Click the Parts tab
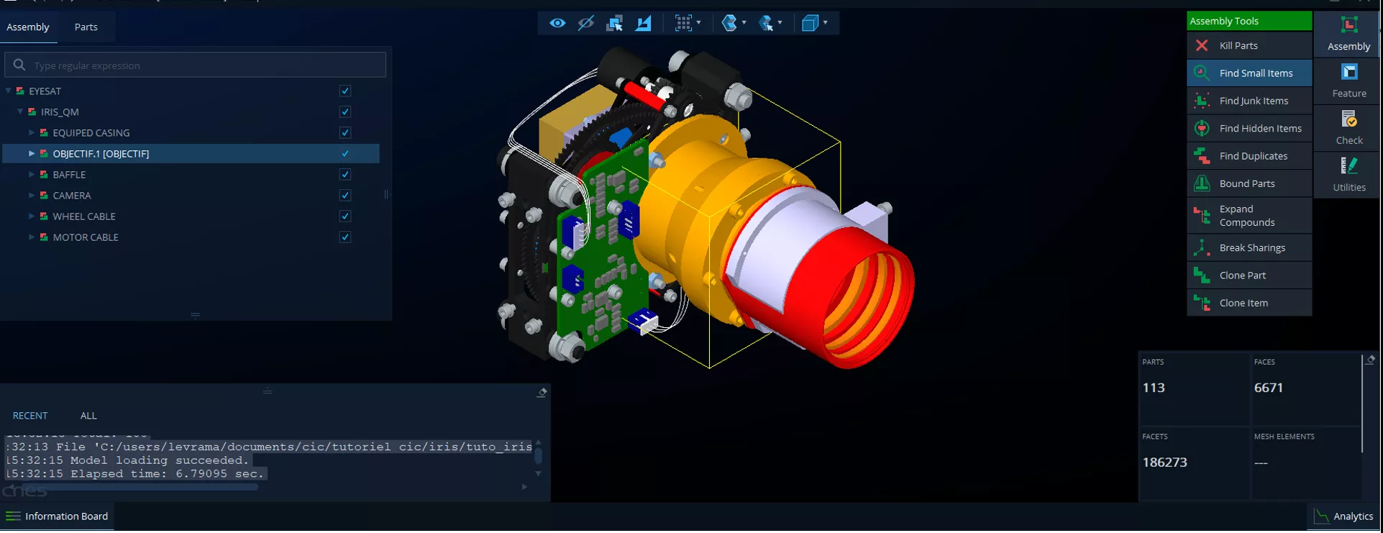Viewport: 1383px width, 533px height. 86,27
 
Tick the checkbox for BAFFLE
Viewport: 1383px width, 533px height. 345,175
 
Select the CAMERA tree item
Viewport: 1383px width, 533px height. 72,196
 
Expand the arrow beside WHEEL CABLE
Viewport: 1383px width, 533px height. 32,217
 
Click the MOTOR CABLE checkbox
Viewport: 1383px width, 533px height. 345,237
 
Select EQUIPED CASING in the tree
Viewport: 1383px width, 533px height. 91,133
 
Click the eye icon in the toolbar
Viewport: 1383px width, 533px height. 557,23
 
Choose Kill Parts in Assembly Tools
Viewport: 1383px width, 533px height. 1238,45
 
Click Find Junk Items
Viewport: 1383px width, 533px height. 1254,101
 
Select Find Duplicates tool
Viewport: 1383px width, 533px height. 1253,156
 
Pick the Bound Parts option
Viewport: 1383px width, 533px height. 1247,183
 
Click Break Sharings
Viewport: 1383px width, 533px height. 1252,247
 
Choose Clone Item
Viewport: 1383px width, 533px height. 1243,303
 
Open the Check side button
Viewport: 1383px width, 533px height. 1348,127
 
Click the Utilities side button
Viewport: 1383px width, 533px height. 1348,175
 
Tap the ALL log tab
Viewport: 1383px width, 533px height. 88,416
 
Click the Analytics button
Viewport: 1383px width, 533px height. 1343,516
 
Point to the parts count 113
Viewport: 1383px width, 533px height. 1154,388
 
